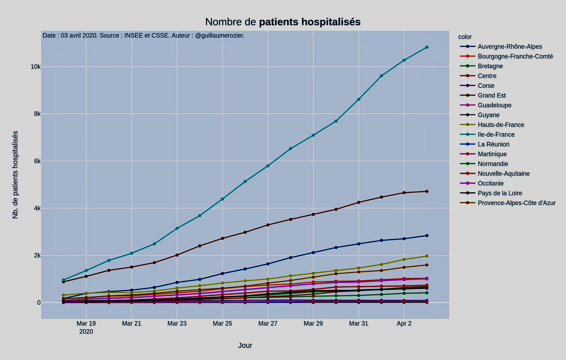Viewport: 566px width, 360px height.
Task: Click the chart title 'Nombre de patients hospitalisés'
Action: [283, 22]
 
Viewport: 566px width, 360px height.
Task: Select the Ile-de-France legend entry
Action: [496, 135]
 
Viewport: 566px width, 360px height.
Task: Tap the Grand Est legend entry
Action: [492, 96]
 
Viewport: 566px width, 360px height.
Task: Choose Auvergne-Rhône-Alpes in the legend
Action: [510, 47]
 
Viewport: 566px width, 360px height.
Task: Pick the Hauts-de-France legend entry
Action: [501, 125]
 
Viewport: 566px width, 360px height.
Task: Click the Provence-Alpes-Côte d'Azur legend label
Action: [517, 203]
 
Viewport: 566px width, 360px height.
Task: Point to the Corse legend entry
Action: [486, 86]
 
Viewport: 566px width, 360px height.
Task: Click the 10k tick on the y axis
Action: [35, 67]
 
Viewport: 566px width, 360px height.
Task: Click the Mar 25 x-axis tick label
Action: [222, 324]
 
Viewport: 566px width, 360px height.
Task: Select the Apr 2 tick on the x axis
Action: [404, 324]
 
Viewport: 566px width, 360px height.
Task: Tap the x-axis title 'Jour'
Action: [245, 346]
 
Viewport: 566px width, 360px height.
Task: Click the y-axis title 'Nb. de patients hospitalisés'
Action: [15, 175]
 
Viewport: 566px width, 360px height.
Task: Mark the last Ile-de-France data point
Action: [427, 47]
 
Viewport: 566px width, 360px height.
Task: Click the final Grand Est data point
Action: [427, 191]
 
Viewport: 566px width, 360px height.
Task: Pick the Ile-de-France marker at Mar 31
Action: [359, 99]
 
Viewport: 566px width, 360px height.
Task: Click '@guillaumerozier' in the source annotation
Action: [219, 36]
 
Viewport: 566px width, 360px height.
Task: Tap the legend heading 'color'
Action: [465, 37]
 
